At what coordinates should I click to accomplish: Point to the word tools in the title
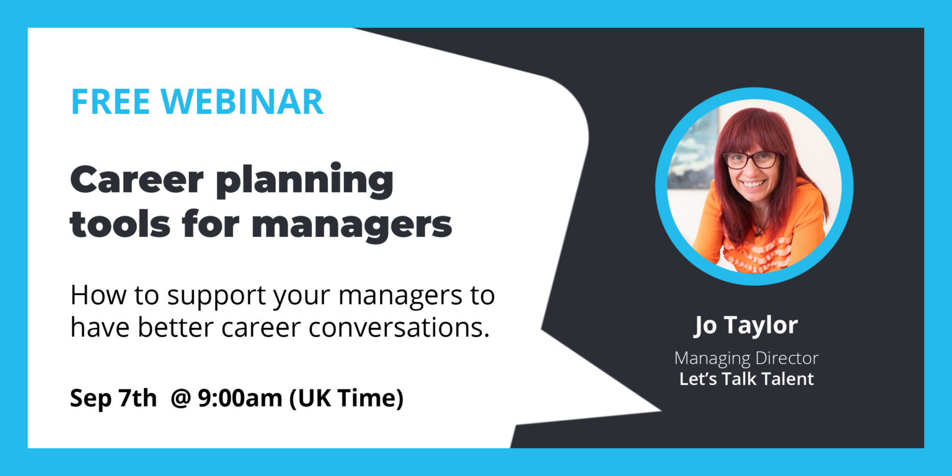click(111, 224)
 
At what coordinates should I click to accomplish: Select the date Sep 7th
click(113, 398)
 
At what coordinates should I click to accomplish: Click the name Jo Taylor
click(746, 325)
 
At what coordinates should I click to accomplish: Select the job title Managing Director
click(746, 358)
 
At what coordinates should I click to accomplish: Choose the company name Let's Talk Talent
click(746, 379)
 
